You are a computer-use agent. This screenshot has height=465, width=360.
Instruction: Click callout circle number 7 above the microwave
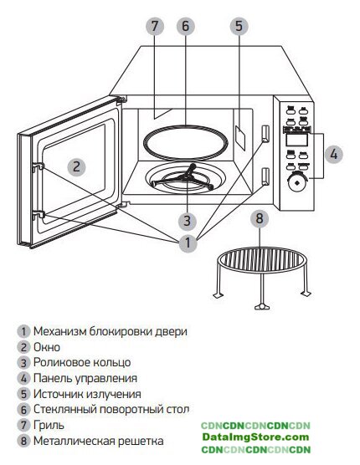coord(155,26)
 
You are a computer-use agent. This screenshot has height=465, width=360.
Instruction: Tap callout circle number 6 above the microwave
coord(186,26)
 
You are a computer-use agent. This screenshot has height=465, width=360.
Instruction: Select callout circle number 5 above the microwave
coord(239,26)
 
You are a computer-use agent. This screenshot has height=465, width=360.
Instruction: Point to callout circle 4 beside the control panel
coord(333,155)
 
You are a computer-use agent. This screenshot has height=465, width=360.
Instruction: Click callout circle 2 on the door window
coord(76,166)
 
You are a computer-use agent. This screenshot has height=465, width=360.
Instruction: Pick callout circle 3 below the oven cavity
coord(187,221)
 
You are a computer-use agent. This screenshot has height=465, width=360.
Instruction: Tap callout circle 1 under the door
coord(188,243)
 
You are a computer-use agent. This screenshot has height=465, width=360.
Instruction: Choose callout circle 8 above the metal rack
coord(260,218)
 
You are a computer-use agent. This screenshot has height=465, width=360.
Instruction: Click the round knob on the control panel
coord(296,182)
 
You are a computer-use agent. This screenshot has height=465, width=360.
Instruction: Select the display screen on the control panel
coord(296,140)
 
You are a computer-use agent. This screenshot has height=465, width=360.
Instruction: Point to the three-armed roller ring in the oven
coord(187,178)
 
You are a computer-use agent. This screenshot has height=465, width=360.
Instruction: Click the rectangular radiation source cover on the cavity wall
coord(240,137)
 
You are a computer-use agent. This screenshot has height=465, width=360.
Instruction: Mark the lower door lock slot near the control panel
coord(265,176)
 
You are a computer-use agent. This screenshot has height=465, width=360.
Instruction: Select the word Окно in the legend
coord(47,347)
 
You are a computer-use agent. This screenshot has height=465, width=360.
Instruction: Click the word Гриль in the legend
coord(49,425)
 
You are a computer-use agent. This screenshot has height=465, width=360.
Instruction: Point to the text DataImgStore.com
coord(256,437)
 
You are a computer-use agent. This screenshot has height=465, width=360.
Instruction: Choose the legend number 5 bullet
coord(23,394)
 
